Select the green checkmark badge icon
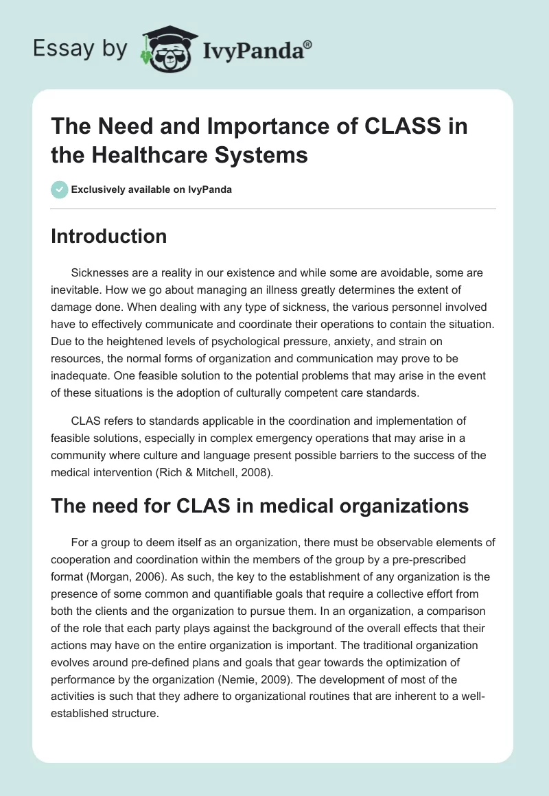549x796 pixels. click(x=60, y=189)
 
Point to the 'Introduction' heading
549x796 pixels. click(x=109, y=236)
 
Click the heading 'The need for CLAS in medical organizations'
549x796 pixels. click(x=260, y=506)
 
